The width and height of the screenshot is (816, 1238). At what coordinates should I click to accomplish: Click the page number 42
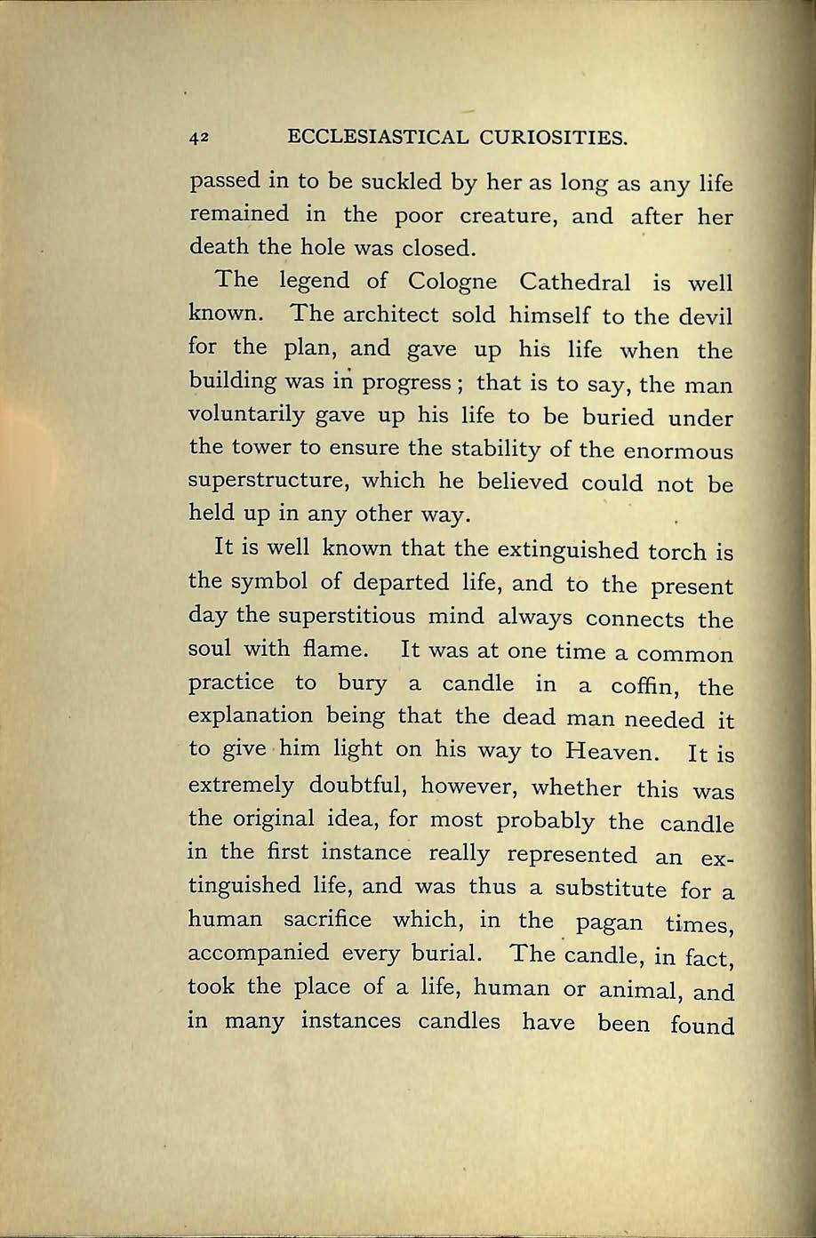coord(198,138)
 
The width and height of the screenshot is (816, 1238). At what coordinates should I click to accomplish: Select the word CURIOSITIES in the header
coord(543,138)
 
